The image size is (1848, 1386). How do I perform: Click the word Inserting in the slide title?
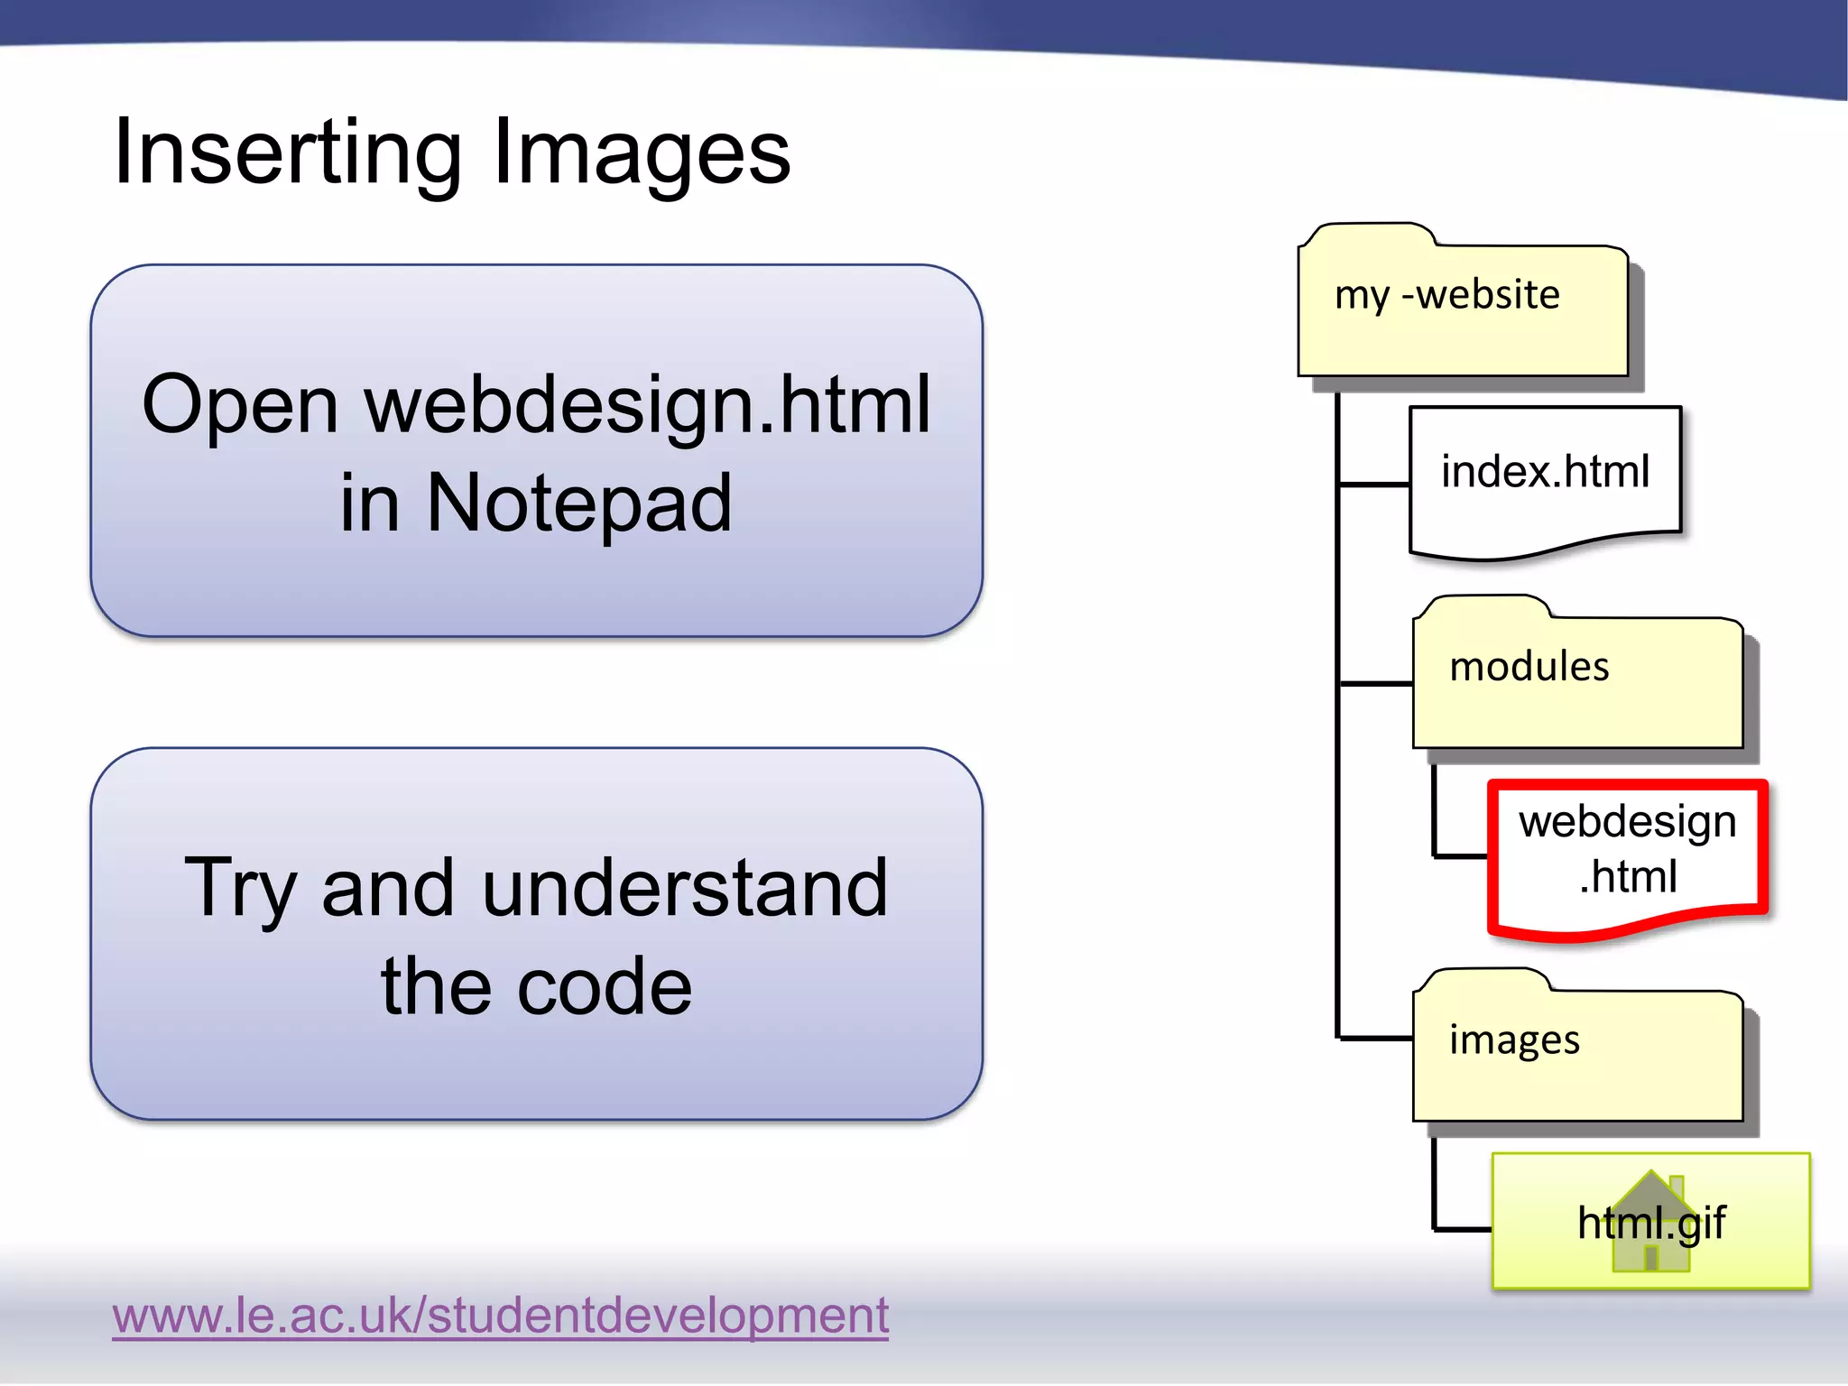[x=287, y=153]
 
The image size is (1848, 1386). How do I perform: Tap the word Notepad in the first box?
[x=578, y=503]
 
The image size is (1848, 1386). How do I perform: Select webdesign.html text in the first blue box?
[x=647, y=405]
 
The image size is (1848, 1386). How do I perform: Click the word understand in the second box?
[x=685, y=888]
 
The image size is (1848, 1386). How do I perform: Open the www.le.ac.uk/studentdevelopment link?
[x=500, y=1315]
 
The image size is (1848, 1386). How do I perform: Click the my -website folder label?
[x=1446, y=295]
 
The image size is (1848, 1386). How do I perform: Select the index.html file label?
[x=1545, y=471]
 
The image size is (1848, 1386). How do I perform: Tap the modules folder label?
[x=1529, y=667]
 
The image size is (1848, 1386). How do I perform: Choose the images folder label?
[x=1514, y=1039]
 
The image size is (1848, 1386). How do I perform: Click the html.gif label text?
[x=1651, y=1223]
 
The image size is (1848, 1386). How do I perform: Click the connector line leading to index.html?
[x=1374, y=485]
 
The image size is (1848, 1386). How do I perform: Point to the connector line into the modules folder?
[x=1376, y=684]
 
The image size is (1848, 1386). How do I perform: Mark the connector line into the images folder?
[x=1376, y=1039]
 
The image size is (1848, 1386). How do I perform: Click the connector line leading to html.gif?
[x=1462, y=1229]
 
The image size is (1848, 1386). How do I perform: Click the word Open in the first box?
[x=240, y=405]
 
